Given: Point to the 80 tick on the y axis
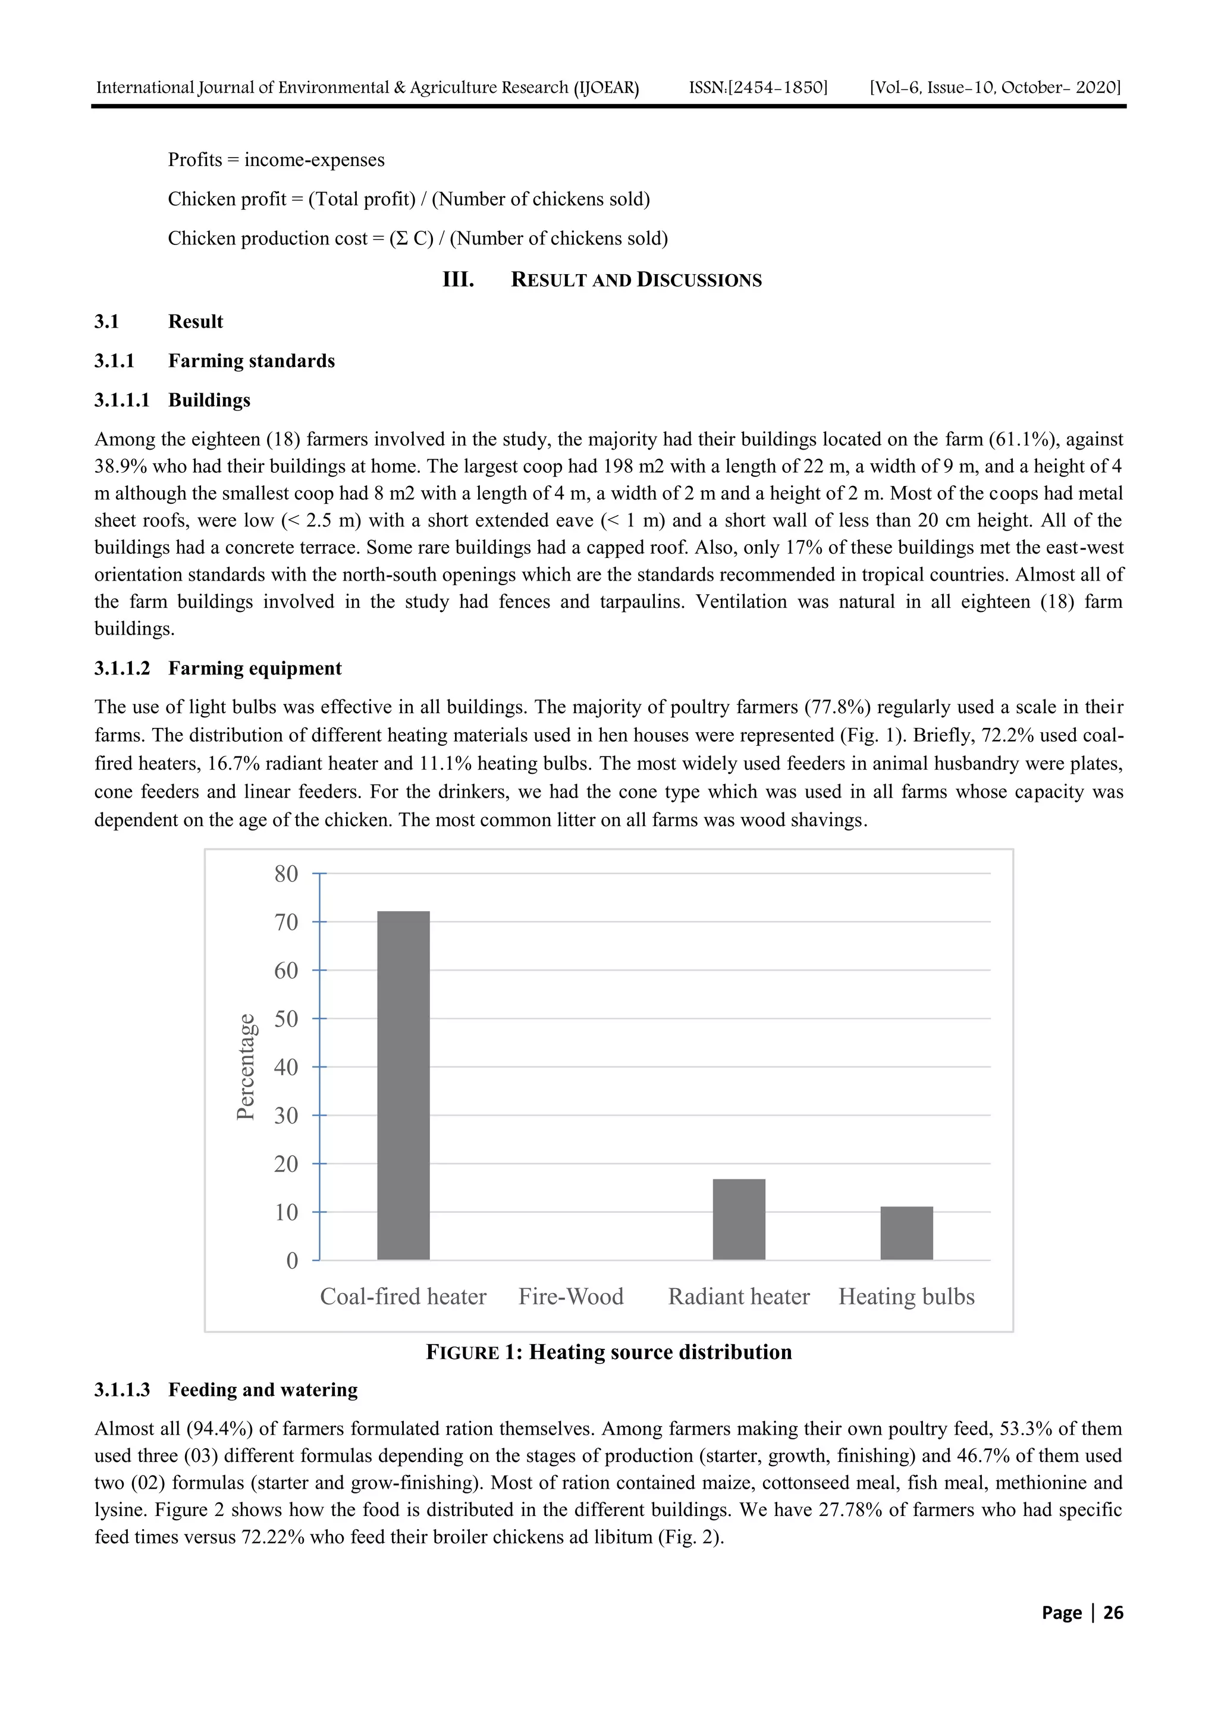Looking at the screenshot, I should click(287, 874).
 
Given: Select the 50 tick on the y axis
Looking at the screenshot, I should click(287, 1019).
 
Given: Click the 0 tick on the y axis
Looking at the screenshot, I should click(293, 1261).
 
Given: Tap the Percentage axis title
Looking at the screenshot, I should click(246, 1066).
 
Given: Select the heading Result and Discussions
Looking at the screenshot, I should click(636, 280).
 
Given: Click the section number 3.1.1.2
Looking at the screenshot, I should click(121, 669).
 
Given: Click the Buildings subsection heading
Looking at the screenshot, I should click(209, 400).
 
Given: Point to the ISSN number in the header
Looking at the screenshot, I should click(758, 88).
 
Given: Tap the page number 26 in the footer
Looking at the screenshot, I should click(1113, 1613).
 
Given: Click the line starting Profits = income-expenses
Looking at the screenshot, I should click(275, 160).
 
